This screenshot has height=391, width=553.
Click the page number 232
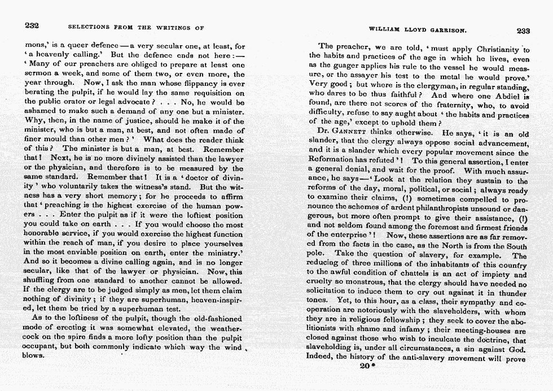(x=32, y=26)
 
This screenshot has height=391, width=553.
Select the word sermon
(x=39, y=74)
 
